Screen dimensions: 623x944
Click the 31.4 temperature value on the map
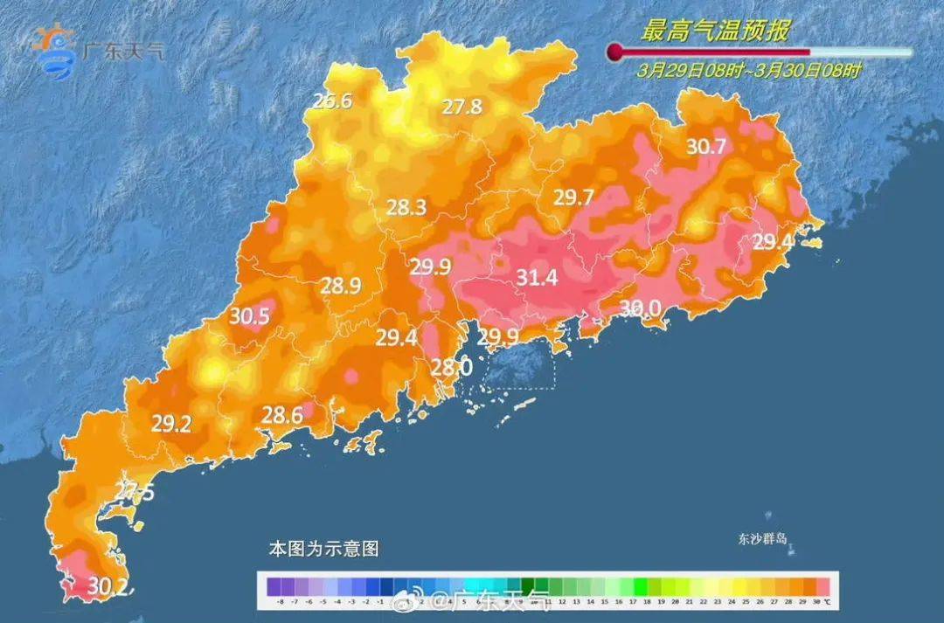(x=538, y=279)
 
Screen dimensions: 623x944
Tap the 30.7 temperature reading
(x=705, y=147)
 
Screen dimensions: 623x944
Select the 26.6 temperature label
(x=332, y=101)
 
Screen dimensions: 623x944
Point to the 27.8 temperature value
(x=462, y=107)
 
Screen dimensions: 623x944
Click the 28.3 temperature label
(x=406, y=208)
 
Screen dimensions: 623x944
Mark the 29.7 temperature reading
(x=573, y=198)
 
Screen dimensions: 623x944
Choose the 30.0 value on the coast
(x=641, y=308)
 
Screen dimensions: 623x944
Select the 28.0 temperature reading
(x=452, y=368)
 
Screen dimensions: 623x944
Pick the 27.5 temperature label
(x=135, y=493)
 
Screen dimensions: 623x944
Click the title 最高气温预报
(x=715, y=32)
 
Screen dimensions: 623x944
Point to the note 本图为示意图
(x=323, y=550)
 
